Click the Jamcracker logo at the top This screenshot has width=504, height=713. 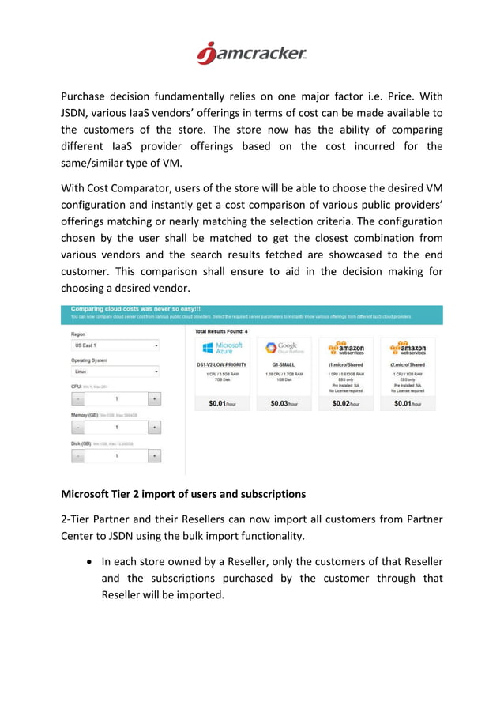(251, 53)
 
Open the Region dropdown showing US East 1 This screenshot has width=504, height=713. (116, 345)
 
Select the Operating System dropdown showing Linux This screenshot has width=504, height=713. (116, 372)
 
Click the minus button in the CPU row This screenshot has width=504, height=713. (79, 399)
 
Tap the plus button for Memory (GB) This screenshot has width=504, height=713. (154, 428)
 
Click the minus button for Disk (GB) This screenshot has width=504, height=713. (79, 456)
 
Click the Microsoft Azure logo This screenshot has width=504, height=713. (222, 348)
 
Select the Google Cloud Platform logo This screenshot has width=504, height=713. (282, 348)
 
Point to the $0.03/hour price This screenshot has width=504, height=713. (282, 404)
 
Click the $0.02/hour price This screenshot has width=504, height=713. (345, 404)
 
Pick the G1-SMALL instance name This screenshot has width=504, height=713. (282, 364)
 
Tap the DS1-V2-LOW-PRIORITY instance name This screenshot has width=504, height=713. (222, 364)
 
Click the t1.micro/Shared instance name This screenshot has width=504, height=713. (345, 364)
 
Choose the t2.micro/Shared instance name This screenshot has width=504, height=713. (407, 364)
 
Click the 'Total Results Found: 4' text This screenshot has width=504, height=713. (221, 331)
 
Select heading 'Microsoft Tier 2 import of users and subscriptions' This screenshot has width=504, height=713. (183, 495)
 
